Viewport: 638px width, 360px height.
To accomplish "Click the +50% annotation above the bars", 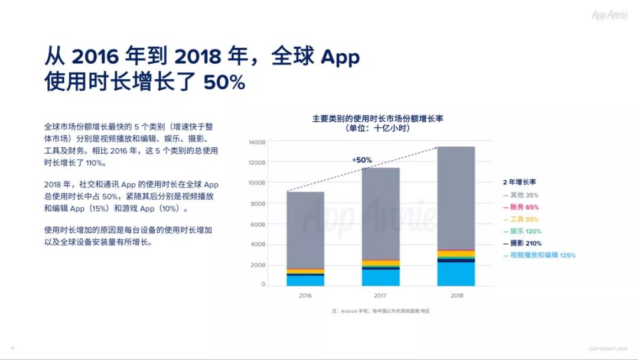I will [x=362, y=160].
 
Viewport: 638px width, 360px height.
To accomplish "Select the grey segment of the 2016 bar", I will [x=305, y=230].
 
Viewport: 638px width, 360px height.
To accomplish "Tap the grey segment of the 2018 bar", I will [x=456, y=198].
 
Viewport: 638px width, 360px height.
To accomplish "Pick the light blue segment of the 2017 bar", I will [x=380, y=277].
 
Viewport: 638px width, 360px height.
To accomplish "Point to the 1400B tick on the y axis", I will [x=257, y=142].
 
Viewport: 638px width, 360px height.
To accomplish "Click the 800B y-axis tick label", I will [x=258, y=204].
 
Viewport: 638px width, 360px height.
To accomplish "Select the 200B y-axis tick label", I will [x=258, y=265].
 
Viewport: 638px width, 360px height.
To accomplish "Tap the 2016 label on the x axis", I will [x=305, y=296].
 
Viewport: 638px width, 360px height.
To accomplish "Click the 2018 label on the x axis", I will [x=457, y=296].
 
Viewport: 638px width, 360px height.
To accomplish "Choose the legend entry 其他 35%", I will [x=521, y=195].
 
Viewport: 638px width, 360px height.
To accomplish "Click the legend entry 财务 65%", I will [x=521, y=207].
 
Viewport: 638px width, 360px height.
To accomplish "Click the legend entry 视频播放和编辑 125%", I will [x=539, y=255].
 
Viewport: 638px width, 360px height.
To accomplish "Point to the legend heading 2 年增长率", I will [x=519, y=182].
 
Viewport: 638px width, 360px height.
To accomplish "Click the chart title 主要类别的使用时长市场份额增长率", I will [x=377, y=118].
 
